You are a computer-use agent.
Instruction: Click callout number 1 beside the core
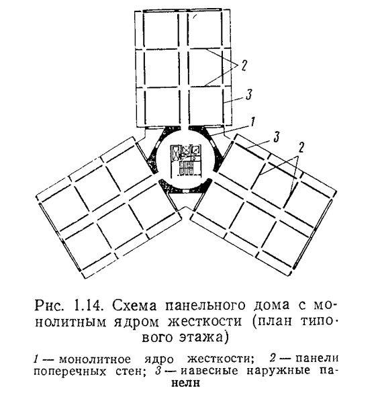pos(252,122)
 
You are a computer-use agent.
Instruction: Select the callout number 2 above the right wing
pos(301,148)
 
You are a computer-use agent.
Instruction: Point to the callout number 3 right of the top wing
pos(249,94)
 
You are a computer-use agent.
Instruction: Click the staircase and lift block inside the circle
pos(186,161)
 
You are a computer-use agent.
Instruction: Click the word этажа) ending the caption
pos(203,337)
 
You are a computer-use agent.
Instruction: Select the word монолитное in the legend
pos(95,359)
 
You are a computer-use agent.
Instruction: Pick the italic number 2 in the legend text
pos(273,359)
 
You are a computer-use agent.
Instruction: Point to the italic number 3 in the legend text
pos(158,371)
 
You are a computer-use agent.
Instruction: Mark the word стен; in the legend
pos(131,371)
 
